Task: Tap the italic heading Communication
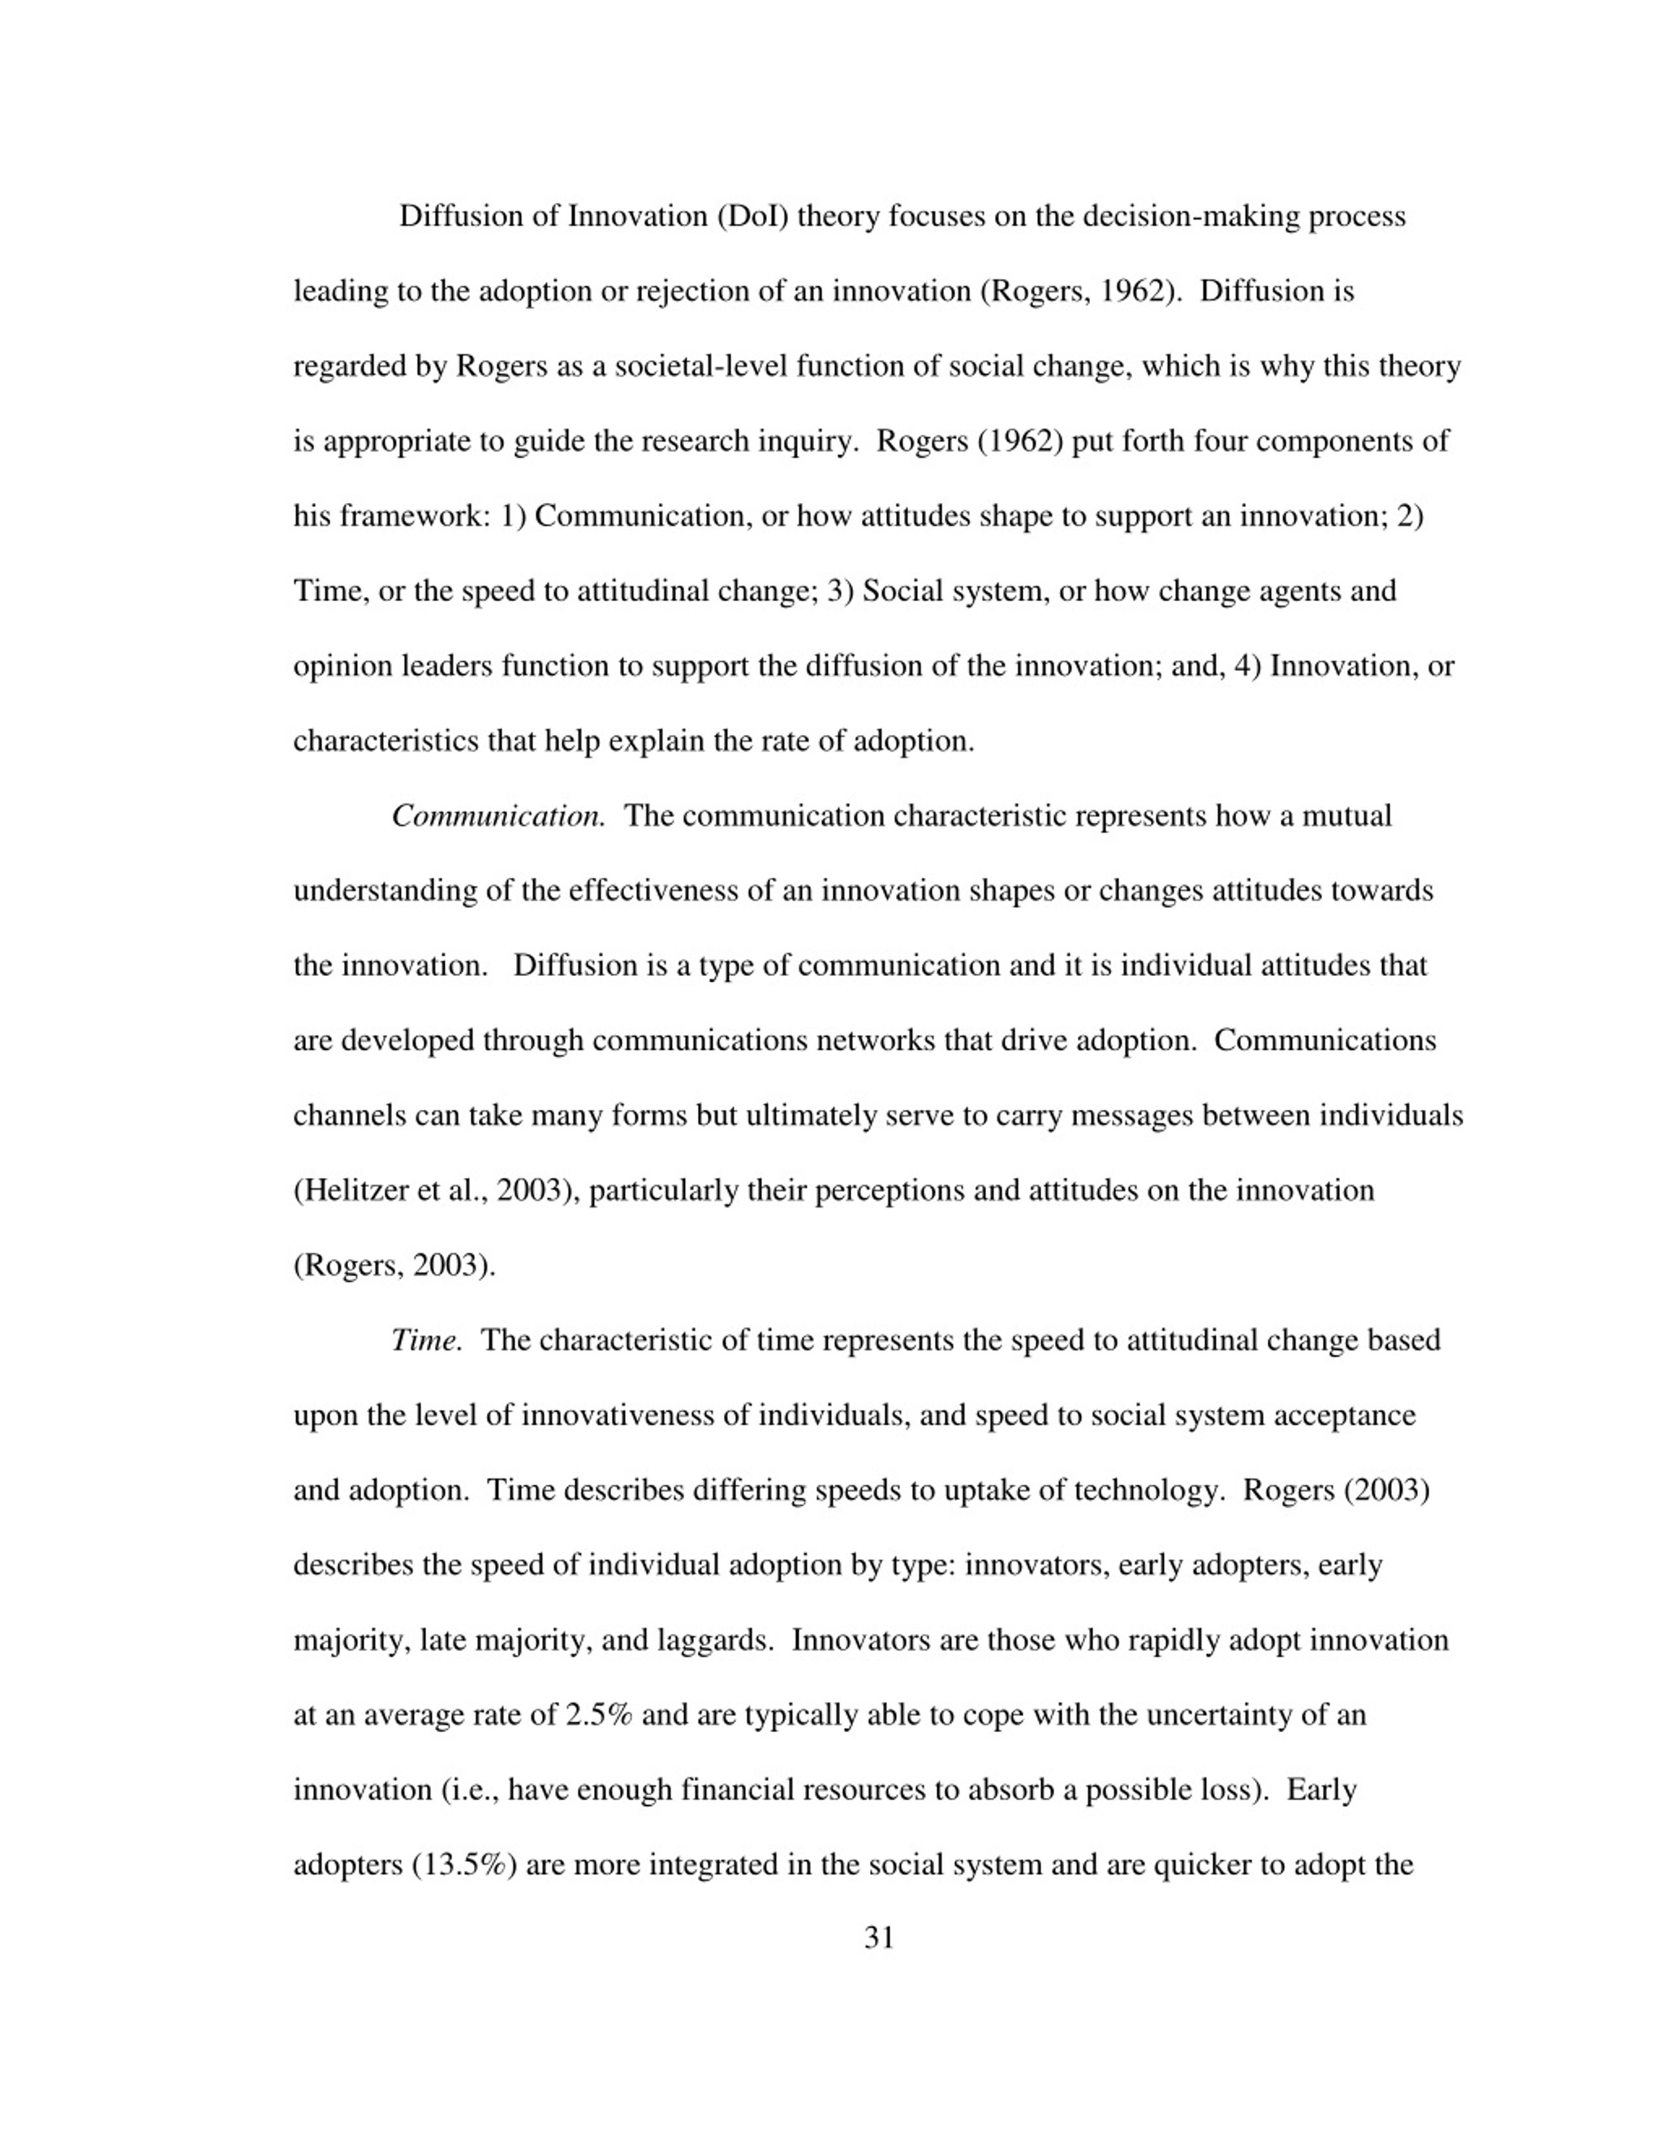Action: coord(497,816)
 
